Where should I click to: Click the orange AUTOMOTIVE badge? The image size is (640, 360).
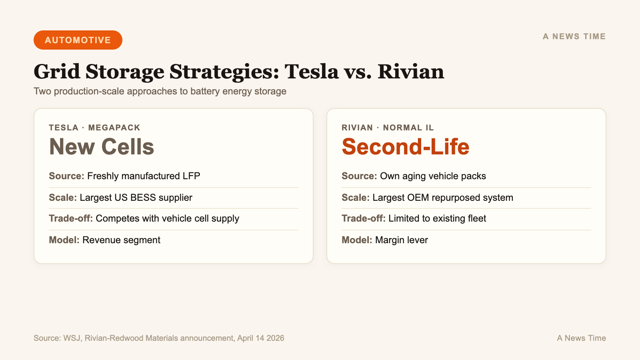(78, 40)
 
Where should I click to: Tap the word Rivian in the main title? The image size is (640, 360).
(410, 72)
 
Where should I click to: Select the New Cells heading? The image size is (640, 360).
(102, 147)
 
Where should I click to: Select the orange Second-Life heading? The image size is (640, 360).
(405, 147)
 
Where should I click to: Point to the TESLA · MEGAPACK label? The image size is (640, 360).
(94, 128)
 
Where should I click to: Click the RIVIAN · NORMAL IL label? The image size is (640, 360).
(388, 128)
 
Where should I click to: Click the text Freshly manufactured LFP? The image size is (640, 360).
(144, 176)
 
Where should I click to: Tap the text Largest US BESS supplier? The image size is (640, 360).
(136, 198)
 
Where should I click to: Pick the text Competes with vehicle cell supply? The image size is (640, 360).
(167, 218)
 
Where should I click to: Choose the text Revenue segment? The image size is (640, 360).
(121, 240)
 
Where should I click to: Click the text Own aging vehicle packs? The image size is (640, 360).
(433, 176)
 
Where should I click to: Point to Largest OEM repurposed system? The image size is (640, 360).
(443, 198)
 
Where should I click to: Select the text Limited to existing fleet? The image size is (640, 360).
(437, 218)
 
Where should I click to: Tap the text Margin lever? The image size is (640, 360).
(402, 240)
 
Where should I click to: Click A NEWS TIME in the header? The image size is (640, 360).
(574, 36)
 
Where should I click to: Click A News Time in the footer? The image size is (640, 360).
(581, 338)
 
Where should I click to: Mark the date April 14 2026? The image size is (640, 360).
(260, 338)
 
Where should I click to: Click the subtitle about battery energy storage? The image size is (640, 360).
(160, 91)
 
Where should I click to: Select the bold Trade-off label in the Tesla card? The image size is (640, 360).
(71, 218)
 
